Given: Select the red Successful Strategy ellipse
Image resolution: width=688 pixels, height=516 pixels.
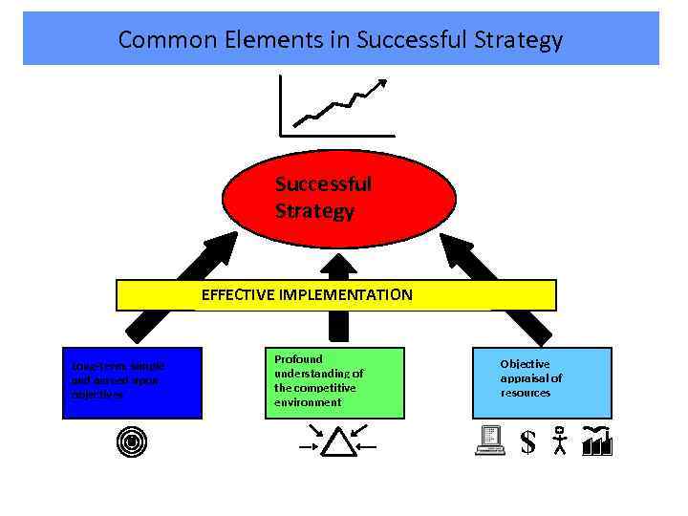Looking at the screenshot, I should tap(339, 198).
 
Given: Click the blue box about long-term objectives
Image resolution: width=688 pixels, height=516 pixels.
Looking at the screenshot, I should tap(132, 383).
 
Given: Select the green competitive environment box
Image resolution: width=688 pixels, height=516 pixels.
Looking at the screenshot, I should tap(334, 383).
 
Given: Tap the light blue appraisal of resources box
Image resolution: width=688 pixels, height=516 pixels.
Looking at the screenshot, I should tap(542, 383).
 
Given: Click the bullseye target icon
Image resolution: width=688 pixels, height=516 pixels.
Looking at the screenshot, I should tap(132, 441).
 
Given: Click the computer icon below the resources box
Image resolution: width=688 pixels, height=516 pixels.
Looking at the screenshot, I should tap(490, 441).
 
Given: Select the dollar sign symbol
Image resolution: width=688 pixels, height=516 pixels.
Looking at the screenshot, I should tap(527, 441).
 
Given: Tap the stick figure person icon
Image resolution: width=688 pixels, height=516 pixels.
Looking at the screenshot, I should tap(560, 441).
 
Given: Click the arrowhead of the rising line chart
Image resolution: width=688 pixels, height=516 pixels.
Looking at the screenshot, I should tap(382, 83).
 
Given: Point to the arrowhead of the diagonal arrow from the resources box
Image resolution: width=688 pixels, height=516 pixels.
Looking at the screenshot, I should tap(450, 240).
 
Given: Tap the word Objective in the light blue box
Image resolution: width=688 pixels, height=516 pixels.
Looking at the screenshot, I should tap(525, 364).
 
